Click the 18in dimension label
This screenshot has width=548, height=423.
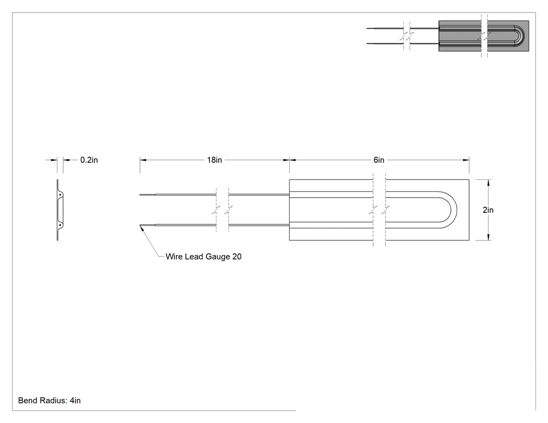214,160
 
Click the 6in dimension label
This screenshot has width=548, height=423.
379,160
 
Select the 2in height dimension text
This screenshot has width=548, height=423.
488,210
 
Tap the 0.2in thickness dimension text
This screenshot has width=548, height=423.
89,160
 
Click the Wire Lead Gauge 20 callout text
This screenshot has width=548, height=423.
204,257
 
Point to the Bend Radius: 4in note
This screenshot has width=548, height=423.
49,401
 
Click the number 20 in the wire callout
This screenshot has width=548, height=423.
237,257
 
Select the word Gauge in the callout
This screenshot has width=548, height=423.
218,257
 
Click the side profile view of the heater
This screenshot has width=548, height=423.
60,210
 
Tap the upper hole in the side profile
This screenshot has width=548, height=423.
60,195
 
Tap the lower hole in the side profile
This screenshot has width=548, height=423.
60,225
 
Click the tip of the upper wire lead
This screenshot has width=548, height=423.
140,195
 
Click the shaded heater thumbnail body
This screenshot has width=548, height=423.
484,36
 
